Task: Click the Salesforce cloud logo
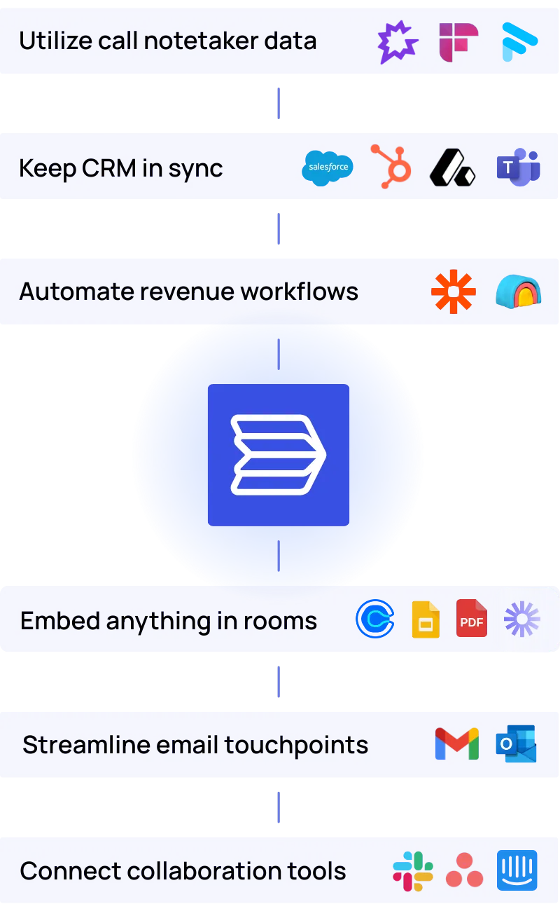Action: [x=328, y=167]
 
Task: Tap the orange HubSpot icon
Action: [x=391, y=167]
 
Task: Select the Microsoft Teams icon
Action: [x=519, y=167]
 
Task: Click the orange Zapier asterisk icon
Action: [x=454, y=292]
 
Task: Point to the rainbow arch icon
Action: [x=518, y=292]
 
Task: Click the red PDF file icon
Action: [x=472, y=619]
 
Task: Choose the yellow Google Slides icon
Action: [x=426, y=619]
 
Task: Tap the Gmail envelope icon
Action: [x=456, y=744]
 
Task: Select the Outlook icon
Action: [x=517, y=744]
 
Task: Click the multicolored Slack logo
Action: [x=412, y=871]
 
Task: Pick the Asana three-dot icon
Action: [x=465, y=871]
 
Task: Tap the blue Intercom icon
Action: [x=517, y=871]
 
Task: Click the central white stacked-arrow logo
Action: [x=279, y=455]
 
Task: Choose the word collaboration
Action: [x=180, y=871]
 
